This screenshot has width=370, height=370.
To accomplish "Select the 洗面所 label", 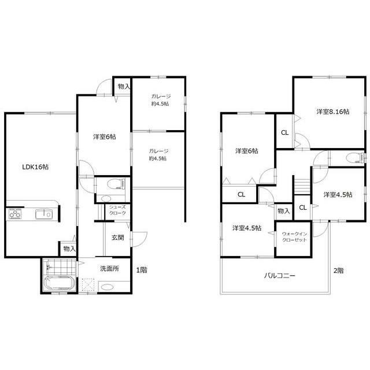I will tap(109, 269).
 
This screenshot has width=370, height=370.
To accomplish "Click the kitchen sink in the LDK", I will tap(43, 215).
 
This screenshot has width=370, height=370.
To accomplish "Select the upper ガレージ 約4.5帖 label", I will tap(159, 100).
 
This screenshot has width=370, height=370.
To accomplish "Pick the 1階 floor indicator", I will tap(141, 269).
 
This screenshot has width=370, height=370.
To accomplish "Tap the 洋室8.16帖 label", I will tap(332, 111).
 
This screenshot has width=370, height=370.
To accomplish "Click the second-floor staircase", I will tap(301, 187).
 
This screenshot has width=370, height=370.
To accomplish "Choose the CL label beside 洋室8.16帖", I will tap(284, 132).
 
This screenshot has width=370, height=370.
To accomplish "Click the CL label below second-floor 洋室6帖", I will tap(241, 194).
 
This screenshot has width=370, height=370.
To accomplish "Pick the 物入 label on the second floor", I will tap(283, 211).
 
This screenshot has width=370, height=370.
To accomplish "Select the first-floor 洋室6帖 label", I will tap(104, 137).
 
